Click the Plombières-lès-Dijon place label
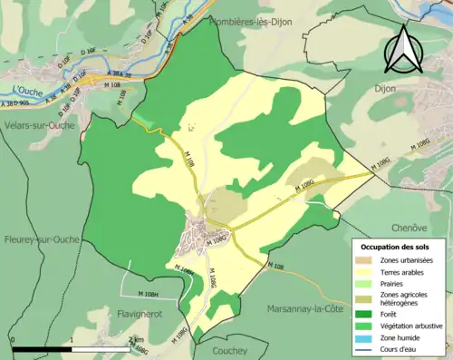click(256, 22)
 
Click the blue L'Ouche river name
click(28, 90)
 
